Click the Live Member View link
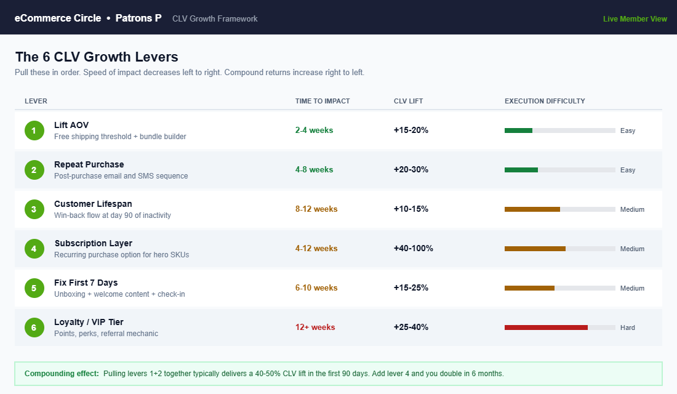coord(635,18)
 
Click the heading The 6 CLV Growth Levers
coord(97,57)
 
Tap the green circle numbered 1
coord(34,131)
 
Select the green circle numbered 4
coord(34,249)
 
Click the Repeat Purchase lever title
coord(89,164)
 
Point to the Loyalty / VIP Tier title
coord(89,322)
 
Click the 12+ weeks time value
coord(315,328)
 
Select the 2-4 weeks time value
coord(314,131)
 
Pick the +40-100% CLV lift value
coord(413,249)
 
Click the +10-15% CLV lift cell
coord(411,209)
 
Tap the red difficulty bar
coord(546,328)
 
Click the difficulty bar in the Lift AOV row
coord(559,131)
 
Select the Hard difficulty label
coord(627,328)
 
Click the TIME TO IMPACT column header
coord(322,101)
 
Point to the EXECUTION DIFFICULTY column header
coord(545,101)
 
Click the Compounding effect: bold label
coord(62,374)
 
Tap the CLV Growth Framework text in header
coord(215,18)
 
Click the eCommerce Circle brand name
coord(58,18)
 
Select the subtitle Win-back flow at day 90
coord(113,215)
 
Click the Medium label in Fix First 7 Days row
coord(632,288)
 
